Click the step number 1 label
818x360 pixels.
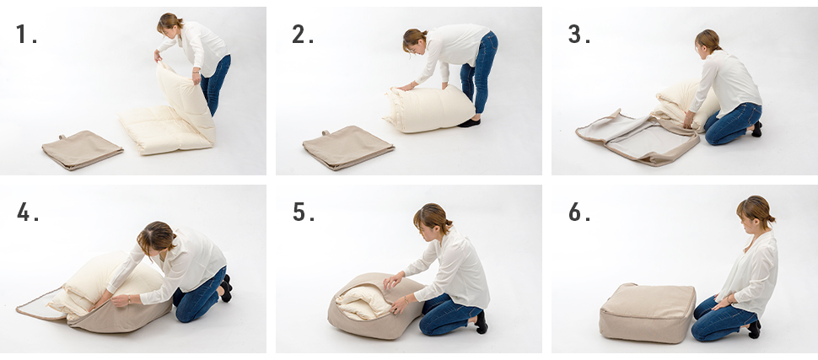coord(26,34)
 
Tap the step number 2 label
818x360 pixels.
coord(302,34)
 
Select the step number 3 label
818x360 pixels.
coord(579,34)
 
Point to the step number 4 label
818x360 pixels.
coord(28,212)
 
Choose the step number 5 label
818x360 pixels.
coord(303,212)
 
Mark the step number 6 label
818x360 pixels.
coord(579,212)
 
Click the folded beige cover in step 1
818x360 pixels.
coord(83,150)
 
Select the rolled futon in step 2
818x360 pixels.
coord(429,109)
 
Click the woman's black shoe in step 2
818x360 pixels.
coord(469,123)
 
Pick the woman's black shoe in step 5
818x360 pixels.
coord(481,322)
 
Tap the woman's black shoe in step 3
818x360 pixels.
coord(756,129)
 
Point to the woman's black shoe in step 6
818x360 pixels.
coord(754,329)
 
